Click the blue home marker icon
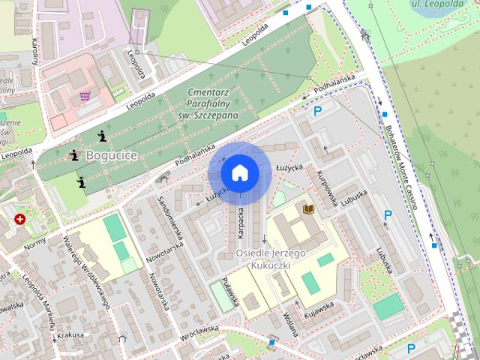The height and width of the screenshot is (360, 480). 239,172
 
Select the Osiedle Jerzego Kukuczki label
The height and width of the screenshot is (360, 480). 270,259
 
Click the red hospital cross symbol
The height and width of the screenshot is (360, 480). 19,219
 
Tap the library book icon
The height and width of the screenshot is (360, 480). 307,208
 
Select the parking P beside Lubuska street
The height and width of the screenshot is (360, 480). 388,216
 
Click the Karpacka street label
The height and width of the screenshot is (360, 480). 241,223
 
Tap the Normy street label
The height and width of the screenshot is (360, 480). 34,244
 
